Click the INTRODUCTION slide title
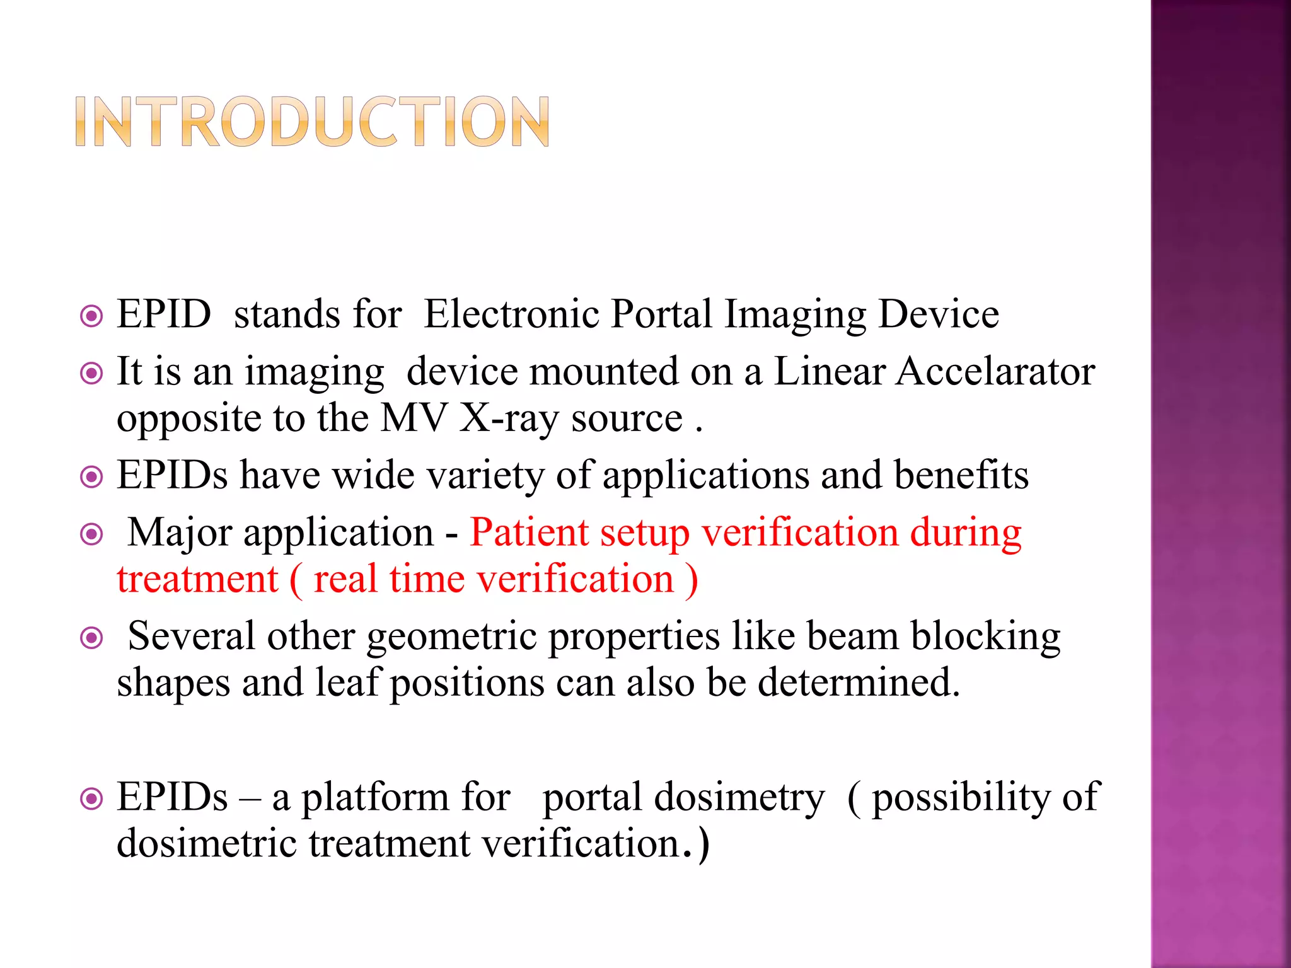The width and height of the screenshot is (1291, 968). [x=312, y=122]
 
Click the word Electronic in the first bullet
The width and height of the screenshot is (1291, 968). [x=511, y=314]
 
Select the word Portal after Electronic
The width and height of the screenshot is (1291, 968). [x=661, y=314]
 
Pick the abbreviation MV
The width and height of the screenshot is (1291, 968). [x=413, y=418]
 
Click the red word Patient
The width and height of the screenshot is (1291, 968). [x=529, y=533]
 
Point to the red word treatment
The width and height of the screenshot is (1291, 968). [x=197, y=579]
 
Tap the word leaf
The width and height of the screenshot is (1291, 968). [x=349, y=683]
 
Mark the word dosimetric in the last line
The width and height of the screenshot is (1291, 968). [x=207, y=843]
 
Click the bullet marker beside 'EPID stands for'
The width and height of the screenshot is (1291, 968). [x=92, y=316]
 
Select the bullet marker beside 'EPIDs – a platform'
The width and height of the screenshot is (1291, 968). [x=92, y=800]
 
